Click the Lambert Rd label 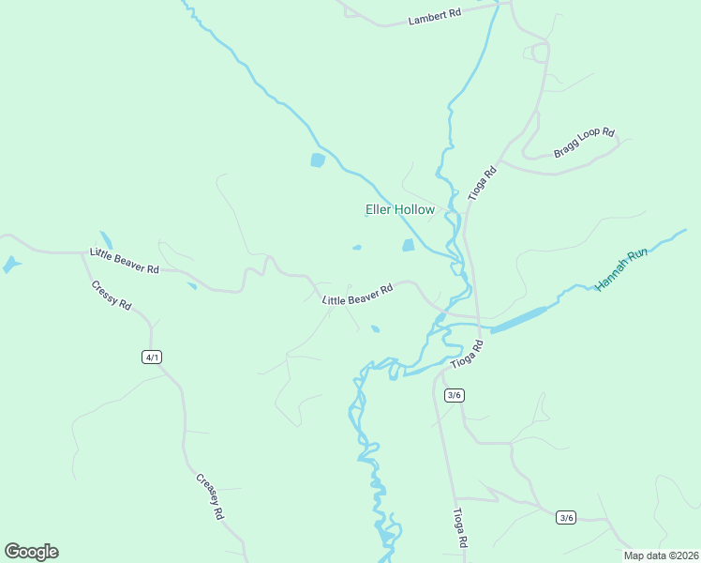[436, 16]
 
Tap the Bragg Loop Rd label [583, 143]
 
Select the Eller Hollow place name [400, 210]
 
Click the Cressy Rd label [112, 296]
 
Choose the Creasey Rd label [211, 496]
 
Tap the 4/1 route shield [152, 357]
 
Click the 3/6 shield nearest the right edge [565, 517]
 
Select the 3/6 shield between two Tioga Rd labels [455, 395]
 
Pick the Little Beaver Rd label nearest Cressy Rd [125, 260]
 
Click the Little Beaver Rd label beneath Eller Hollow [357, 294]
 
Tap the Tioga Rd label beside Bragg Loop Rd [482, 184]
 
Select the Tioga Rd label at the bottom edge [460, 528]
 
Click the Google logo [31, 552]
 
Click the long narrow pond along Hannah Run [518, 319]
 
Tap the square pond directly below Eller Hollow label [409, 246]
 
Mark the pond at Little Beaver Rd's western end [11, 265]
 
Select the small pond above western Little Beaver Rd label [106, 240]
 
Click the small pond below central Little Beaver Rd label [375, 328]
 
